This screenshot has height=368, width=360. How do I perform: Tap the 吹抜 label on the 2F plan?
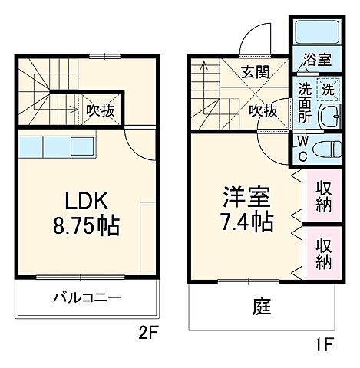pyautogui.click(x=100, y=109)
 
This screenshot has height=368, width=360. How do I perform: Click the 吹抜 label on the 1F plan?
pyautogui.click(x=263, y=110)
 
